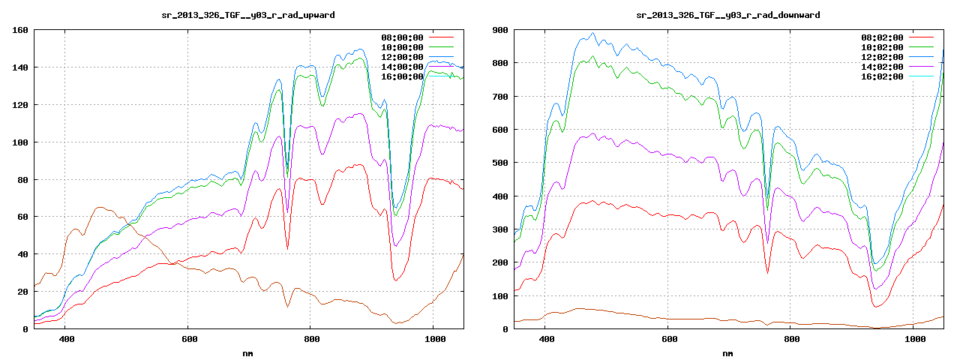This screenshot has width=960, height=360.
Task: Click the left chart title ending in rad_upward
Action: (248, 15)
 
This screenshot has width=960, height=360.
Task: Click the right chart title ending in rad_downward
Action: (727, 15)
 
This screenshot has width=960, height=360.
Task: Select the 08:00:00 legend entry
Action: (403, 37)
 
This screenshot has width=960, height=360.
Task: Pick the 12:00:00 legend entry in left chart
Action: (403, 57)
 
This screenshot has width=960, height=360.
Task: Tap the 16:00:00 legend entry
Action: (403, 76)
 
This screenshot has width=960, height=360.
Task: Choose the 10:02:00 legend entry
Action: (883, 47)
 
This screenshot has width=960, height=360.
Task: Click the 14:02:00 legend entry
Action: (883, 67)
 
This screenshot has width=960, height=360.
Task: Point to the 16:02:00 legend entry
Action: (883, 76)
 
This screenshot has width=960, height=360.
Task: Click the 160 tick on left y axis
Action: (20, 30)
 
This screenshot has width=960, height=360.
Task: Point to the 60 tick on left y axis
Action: (23, 217)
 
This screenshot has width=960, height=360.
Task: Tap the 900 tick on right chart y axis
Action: (500, 30)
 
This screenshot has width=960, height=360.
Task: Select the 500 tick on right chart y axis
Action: (500, 163)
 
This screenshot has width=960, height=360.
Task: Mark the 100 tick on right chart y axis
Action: (500, 295)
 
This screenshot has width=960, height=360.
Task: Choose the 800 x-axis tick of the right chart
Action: (791, 339)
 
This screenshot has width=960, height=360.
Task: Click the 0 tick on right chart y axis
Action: (505, 328)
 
